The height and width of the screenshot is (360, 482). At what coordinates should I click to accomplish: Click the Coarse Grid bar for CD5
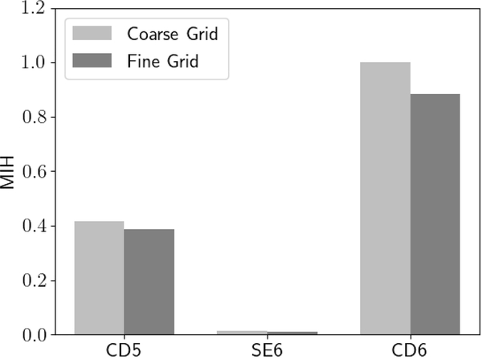pyautogui.click(x=99, y=278)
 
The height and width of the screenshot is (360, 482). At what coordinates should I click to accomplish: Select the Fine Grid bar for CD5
pyautogui.click(x=149, y=282)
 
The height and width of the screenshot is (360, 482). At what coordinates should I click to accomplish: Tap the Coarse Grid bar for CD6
pyautogui.click(x=385, y=198)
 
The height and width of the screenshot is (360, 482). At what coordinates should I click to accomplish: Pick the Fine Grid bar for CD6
pyautogui.click(x=435, y=215)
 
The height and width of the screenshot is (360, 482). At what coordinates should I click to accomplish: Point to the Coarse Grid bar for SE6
pyautogui.click(x=242, y=333)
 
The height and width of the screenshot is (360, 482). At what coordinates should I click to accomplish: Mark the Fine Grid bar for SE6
pyautogui.click(x=292, y=333)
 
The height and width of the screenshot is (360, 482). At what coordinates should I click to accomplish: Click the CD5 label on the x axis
pyautogui.click(x=124, y=350)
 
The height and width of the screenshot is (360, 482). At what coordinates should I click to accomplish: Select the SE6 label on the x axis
pyautogui.click(x=267, y=350)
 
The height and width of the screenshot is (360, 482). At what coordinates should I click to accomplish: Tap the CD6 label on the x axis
pyautogui.click(x=410, y=350)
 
